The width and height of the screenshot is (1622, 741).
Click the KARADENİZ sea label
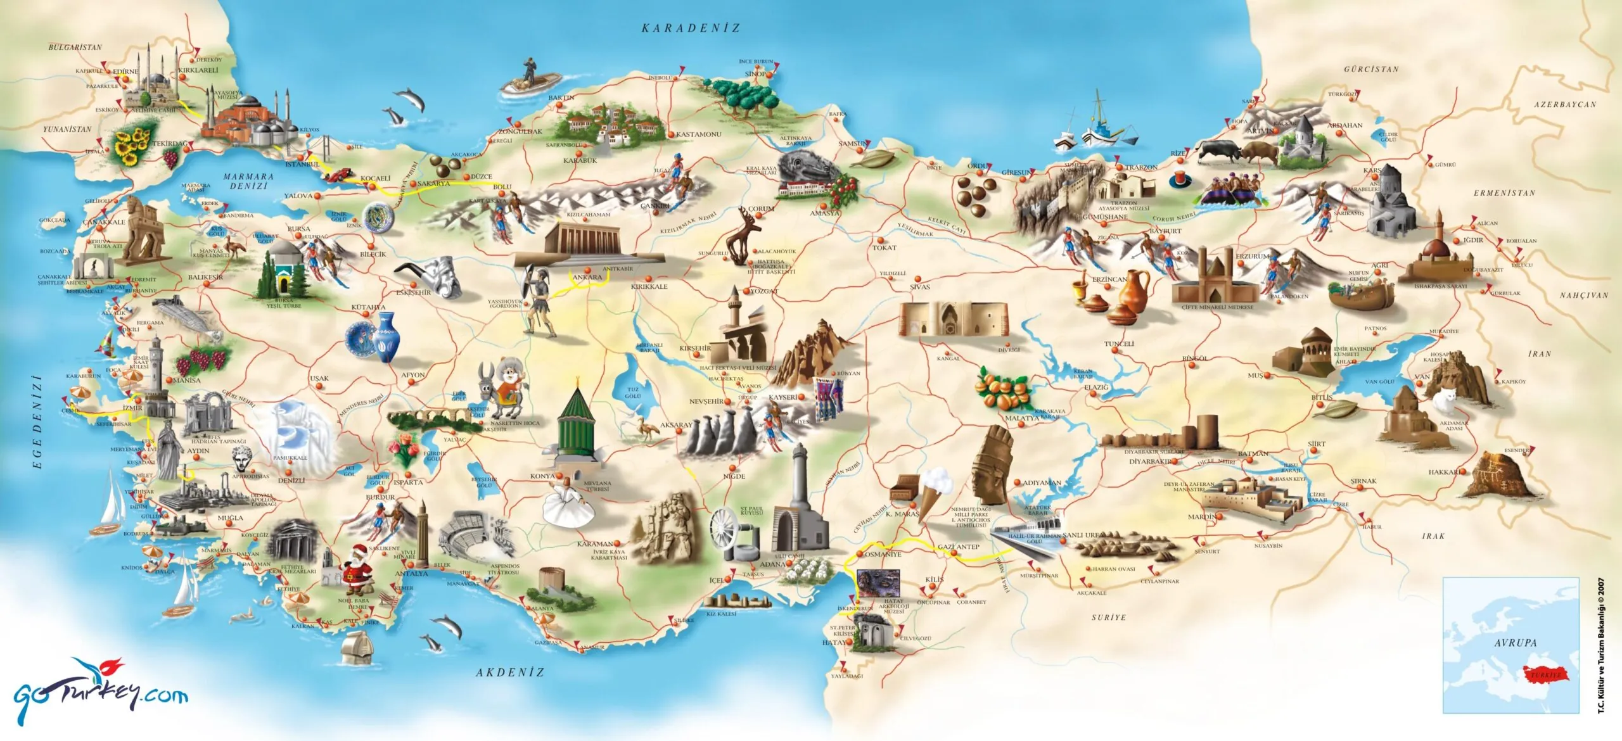[x=691, y=28]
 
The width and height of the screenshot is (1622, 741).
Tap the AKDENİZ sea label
[x=510, y=673]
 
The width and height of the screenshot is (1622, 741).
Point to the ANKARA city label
[x=587, y=277]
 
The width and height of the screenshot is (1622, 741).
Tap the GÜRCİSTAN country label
[x=1371, y=69]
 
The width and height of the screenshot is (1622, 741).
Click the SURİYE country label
[x=1109, y=617]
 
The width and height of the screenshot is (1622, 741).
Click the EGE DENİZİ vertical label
[x=37, y=422]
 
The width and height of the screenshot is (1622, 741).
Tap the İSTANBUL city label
[x=302, y=165]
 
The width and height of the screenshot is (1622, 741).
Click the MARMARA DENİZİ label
[x=249, y=181]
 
